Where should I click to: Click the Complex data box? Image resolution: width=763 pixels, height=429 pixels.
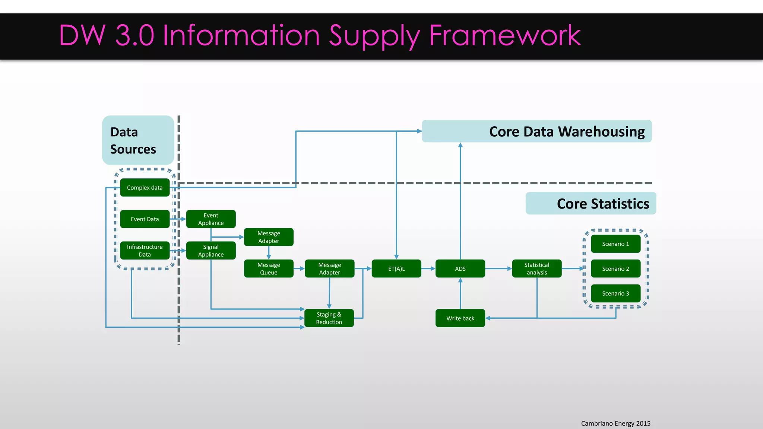145,187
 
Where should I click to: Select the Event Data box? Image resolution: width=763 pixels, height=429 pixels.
145,219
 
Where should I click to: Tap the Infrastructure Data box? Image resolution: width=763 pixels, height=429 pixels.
145,251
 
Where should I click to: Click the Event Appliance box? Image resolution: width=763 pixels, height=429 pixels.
211,219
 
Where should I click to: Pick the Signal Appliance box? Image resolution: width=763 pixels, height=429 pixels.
211,251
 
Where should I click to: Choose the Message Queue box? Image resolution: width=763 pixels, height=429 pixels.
269,268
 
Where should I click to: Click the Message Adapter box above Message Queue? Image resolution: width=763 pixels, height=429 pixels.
269,237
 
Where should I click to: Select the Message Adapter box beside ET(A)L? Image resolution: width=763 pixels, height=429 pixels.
329,268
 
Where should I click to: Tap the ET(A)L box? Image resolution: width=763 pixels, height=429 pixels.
396,268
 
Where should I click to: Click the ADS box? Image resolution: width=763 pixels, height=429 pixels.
460,268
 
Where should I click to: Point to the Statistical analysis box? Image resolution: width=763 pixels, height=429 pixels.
536,268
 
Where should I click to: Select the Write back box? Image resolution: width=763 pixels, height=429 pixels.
460,318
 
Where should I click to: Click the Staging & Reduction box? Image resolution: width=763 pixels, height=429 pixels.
329,318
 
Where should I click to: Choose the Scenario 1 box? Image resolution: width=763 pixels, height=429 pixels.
615,244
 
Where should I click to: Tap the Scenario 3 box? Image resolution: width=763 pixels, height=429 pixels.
615,293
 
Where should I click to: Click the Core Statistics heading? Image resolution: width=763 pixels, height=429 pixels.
602,204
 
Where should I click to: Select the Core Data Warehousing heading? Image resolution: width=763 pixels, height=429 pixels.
566,131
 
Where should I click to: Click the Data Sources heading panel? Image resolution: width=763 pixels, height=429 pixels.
138,140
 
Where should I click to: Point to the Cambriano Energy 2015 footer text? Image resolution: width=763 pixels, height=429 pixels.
615,423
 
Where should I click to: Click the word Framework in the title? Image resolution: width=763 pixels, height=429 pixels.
505,35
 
